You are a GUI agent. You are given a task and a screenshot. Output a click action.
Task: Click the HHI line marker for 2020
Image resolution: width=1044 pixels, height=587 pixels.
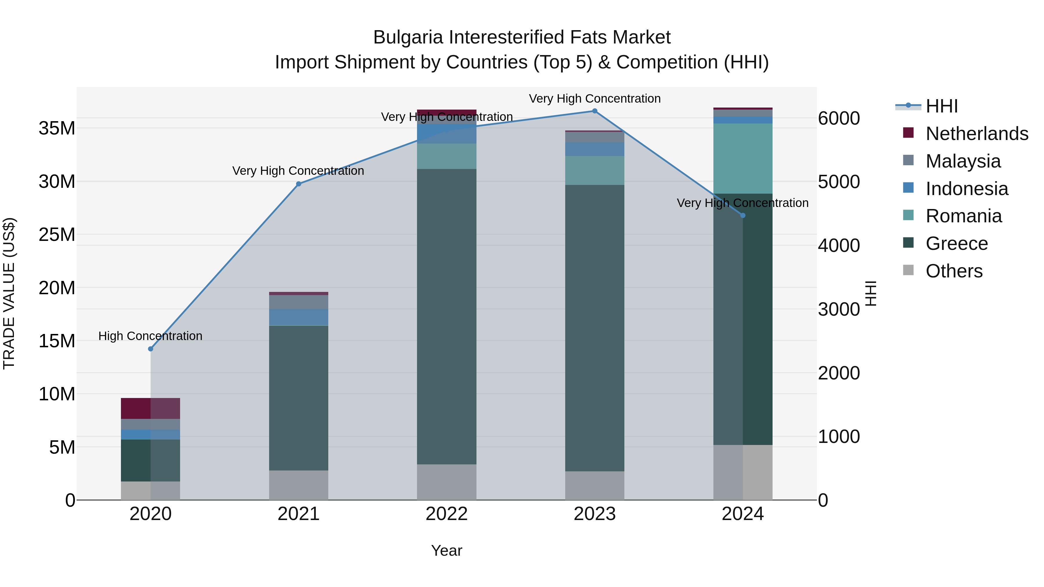151,349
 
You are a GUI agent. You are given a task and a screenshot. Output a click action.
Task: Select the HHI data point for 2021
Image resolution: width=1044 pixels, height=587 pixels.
299,184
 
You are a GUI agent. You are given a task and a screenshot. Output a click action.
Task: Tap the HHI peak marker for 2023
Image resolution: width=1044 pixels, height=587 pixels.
594,111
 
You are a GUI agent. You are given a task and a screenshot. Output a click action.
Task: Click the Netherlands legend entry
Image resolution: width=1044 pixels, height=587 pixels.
977,134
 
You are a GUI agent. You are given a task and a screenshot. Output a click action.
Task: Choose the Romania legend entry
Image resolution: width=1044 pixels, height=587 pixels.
963,216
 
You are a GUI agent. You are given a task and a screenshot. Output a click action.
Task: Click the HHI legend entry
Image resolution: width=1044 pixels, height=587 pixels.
941,106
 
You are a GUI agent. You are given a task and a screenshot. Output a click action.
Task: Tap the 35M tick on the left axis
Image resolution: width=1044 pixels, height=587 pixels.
57,128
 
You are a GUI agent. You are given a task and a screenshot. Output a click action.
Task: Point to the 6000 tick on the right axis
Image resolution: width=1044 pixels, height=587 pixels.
838,118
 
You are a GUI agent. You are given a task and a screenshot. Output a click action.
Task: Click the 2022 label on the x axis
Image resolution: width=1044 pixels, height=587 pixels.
447,514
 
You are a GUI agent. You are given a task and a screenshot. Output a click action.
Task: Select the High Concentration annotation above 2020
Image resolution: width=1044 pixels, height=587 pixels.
150,336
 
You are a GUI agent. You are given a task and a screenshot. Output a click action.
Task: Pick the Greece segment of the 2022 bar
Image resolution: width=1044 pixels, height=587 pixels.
447,316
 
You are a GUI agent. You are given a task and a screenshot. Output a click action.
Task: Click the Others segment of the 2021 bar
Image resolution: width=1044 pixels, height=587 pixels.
299,485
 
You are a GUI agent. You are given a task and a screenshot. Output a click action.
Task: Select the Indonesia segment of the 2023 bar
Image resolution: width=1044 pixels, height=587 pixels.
594,149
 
